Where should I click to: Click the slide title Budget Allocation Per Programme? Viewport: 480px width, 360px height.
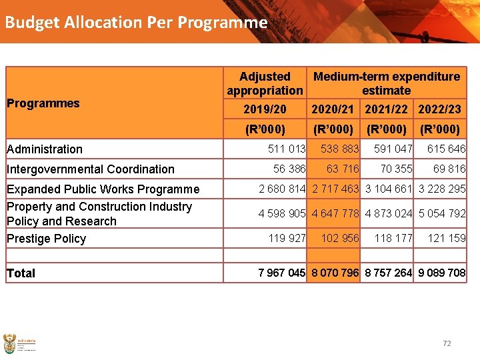pyautogui.click(x=136, y=22)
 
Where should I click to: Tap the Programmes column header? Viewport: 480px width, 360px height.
pyautogui.click(x=43, y=103)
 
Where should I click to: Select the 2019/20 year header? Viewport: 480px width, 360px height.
pyautogui.click(x=265, y=109)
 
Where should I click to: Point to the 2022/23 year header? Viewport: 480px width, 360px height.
pyautogui.click(x=439, y=109)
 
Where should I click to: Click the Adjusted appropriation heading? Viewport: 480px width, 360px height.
pyautogui.click(x=265, y=83)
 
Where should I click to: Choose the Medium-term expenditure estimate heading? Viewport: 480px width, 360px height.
pyautogui.click(x=386, y=83)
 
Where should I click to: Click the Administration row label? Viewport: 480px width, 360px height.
pyautogui.click(x=45, y=149)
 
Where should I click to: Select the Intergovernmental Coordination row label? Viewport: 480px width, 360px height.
pyautogui.click(x=91, y=169)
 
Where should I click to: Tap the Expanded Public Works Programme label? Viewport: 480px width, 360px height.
pyautogui.click(x=103, y=189)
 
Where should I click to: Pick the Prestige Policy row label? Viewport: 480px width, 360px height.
pyautogui.click(x=47, y=239)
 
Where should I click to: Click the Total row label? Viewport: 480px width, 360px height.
pyautogui.click(x=21, y=273)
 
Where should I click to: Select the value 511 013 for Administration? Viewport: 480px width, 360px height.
pyautogui.click(x=287, y=149)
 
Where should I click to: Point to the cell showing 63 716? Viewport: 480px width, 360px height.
pyautogui.click(x=343, y=169)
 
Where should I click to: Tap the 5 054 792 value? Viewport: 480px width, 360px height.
pyautogui.click(x=442, y=213)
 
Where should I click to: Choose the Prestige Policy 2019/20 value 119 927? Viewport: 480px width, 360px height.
pyautogui.click(x=287, y=238)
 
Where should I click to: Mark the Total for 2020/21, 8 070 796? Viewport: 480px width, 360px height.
pyautogui.click(x=335, y=272)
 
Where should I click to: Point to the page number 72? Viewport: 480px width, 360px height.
pyautogui.click(x=447, y=343)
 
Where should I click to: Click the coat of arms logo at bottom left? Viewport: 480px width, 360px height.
pyautogui.click(x=9, y=344)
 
